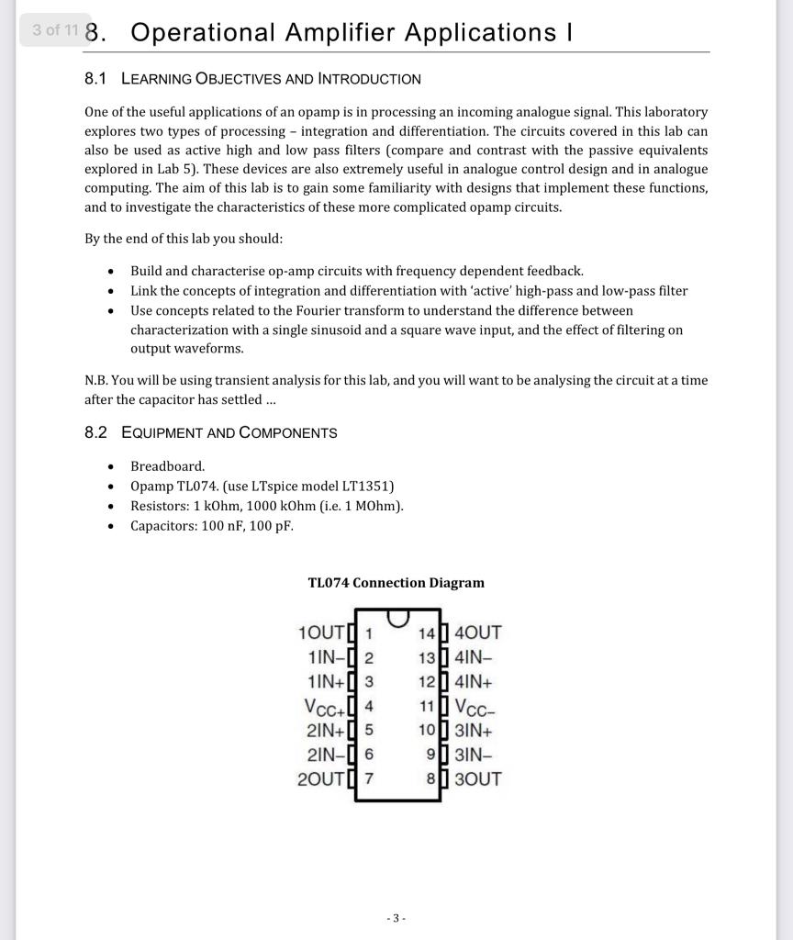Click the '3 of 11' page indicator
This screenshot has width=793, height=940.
(54, 29)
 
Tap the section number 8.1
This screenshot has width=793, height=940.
(95, 79)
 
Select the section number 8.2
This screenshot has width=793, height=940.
(95, 432)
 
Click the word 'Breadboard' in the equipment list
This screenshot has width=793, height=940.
(166, 466)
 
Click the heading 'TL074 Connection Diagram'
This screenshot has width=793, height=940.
(396, 583)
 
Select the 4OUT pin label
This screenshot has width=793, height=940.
(478, 632)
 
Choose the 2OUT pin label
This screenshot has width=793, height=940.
(323, 779)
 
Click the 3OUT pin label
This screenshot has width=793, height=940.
(478, 779)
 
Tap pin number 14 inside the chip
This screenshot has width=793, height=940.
(426, 633)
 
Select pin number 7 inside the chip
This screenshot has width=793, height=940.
(369, 779)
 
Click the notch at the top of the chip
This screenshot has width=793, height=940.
(397, 617)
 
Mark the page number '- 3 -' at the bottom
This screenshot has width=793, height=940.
(396, 918)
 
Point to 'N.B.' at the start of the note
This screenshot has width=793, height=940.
(97, 380)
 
